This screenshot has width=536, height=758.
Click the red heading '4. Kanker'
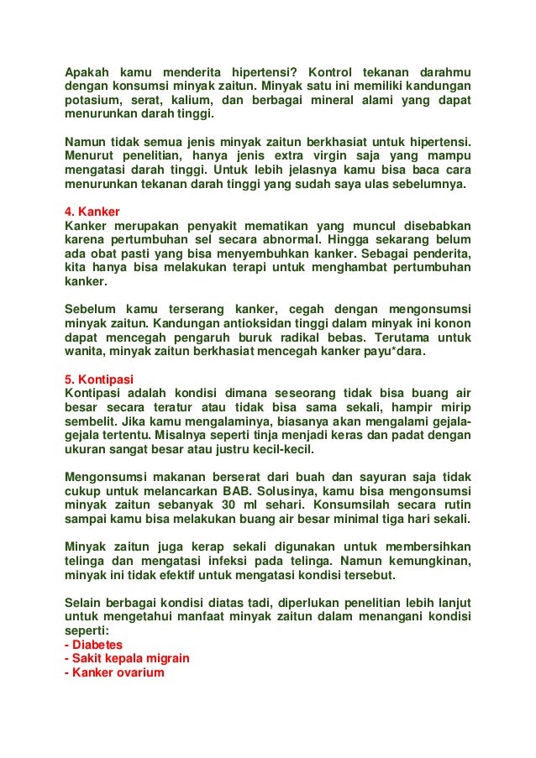92,211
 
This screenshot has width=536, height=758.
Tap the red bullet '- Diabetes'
93,644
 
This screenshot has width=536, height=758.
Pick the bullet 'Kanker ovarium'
114,672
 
